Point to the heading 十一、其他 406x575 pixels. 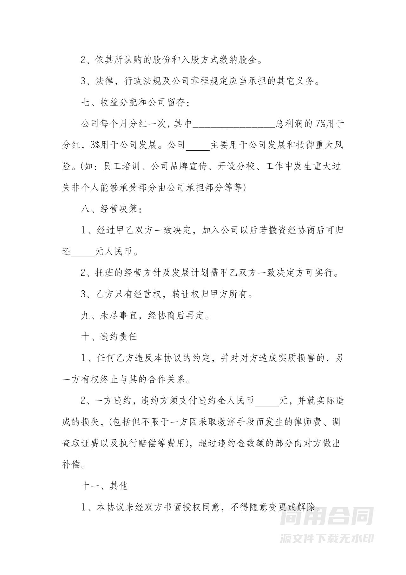pos(104,486)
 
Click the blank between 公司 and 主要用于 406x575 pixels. pos(198,146)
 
